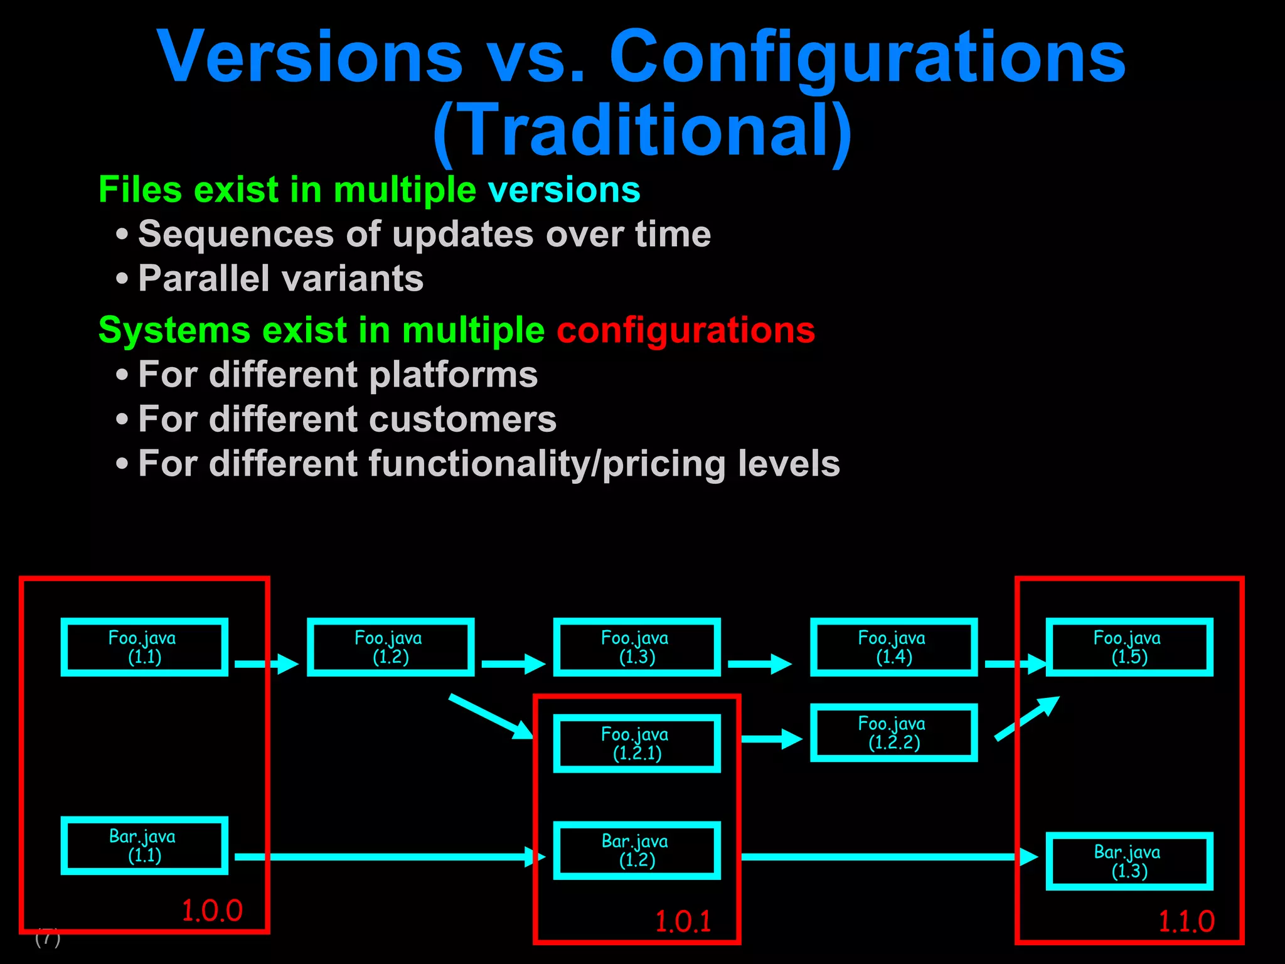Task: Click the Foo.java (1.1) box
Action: [144, 647]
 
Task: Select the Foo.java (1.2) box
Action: [390, 647]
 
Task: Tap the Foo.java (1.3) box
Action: [637, 647]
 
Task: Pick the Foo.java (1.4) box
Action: [893, 647]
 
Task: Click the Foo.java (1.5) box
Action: [1129, 647]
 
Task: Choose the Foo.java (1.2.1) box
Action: [637, 744]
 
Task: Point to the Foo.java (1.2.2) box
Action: [893, 732]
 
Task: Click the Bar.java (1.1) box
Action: [144, 845]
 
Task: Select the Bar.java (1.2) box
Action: [637, 850]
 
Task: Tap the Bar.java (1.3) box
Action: [1129, 861]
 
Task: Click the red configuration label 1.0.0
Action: [211, 911]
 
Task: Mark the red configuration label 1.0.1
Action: [683, 921]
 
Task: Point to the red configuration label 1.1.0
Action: [1186, 921]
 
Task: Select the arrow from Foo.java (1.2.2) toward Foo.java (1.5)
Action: [1026, 719]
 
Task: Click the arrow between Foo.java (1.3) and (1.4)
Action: [759, 663]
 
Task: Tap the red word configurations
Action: [686, 330]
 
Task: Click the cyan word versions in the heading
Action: [564, 190]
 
